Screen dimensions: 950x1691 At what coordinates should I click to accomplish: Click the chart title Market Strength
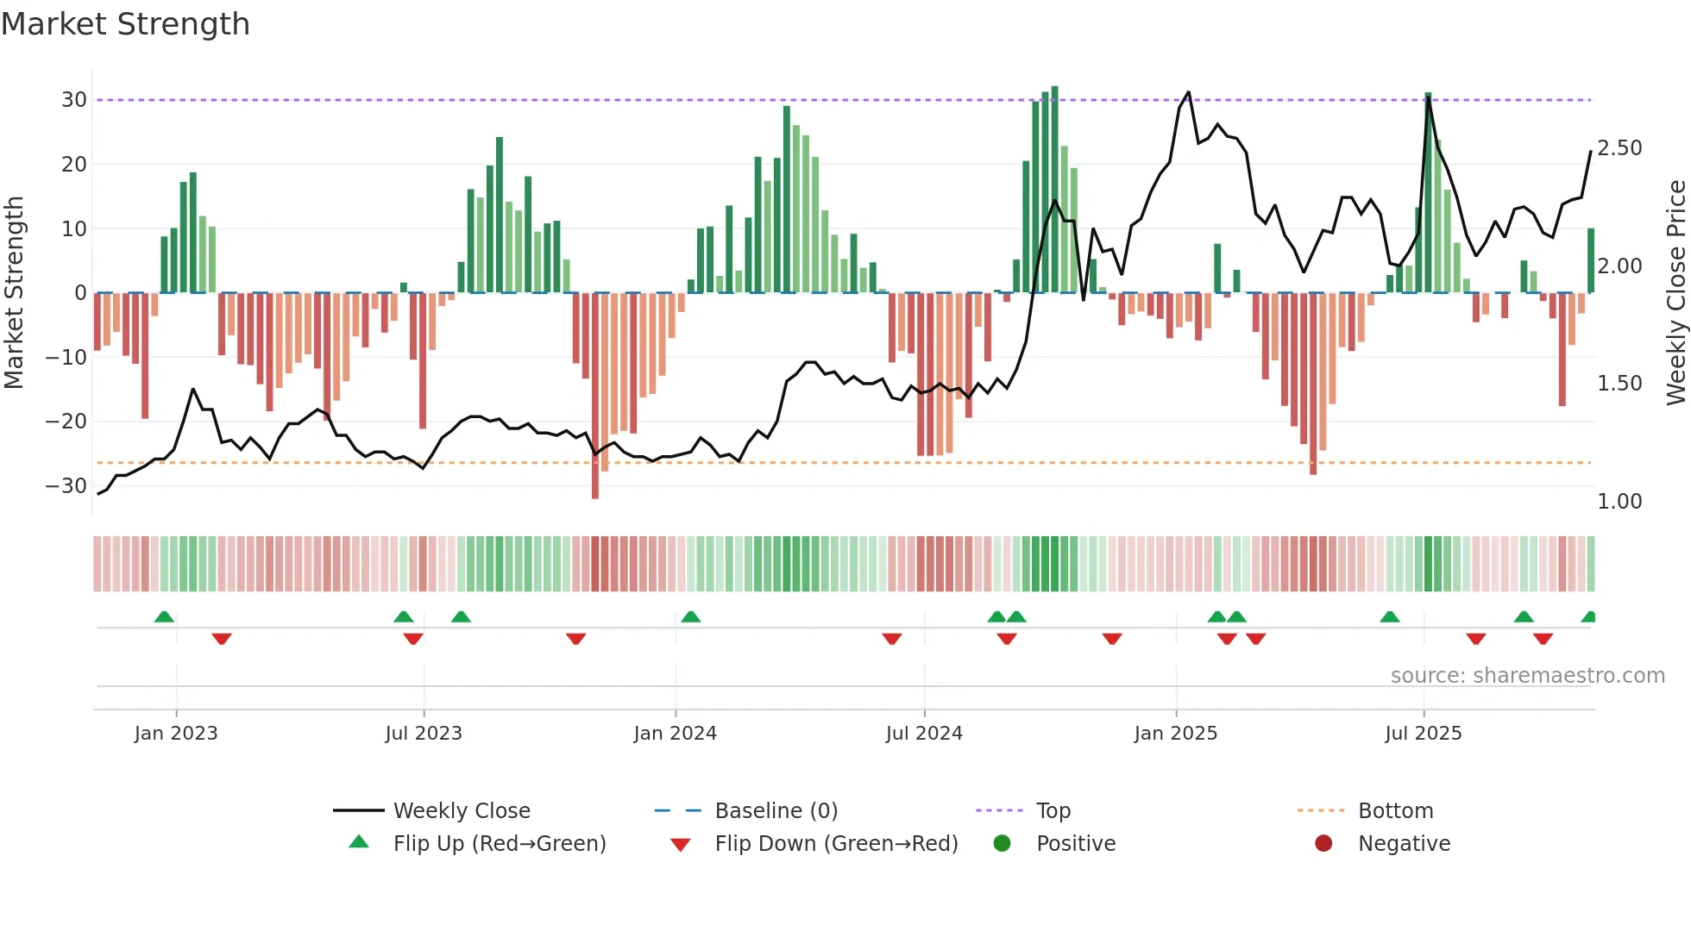pos(125,24)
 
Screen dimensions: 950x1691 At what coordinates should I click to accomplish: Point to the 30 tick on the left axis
pos(74,100)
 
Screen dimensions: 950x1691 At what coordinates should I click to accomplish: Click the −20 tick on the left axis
pos(67,422)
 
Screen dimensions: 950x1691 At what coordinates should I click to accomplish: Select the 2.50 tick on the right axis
pos(1619,148)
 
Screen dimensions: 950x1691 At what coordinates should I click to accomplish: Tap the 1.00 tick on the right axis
pos(1619,502)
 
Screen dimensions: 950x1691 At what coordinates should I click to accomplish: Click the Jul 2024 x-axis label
pos(924,734)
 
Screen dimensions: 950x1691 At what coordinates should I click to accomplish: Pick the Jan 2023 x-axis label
pos(176,734)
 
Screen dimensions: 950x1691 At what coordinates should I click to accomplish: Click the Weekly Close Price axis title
pos(1675,293)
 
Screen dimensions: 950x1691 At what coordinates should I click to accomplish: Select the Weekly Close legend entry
pos(462,811)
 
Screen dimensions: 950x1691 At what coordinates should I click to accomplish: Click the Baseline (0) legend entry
pos(776,811)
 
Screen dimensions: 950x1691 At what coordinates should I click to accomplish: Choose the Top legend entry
pos(1053,811)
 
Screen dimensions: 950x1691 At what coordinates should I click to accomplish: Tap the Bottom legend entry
pos(1395,811)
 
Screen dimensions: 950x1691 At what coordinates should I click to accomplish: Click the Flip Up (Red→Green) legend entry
pos(500,844)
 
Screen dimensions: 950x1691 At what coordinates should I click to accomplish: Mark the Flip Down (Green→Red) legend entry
pos(836,844)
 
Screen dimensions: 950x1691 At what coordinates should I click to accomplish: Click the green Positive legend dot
pos(1002,844)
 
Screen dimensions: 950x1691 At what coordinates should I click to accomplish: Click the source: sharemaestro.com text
pos(1527,676)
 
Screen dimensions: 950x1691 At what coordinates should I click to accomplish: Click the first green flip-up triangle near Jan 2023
pos(164,616)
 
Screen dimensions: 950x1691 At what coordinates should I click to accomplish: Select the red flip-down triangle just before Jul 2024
pos(892,639)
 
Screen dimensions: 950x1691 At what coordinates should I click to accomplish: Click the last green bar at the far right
pos(1591,260)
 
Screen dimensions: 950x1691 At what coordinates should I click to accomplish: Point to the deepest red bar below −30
pos(595,397)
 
